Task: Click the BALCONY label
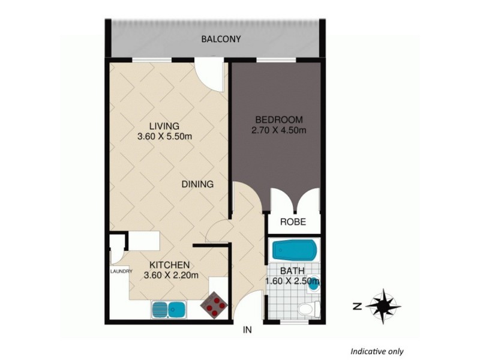coord(221,40)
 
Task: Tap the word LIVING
coord(164,126)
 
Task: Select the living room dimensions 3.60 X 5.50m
coord(164,137)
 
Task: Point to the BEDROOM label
coord(279,119)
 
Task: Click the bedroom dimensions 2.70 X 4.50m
coord(279,130)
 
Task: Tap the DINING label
coord(197,184)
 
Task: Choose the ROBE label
coord(293,222)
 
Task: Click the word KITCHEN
coord(170,265)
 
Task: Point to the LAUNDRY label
coord(121,271)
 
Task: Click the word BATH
coord(291,269)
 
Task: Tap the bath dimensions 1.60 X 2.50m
coord(292,280)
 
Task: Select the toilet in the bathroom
coord(306,310)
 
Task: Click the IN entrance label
coord(247,330)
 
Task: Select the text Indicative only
coord(377,352)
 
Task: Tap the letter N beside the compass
coord(356,307)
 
